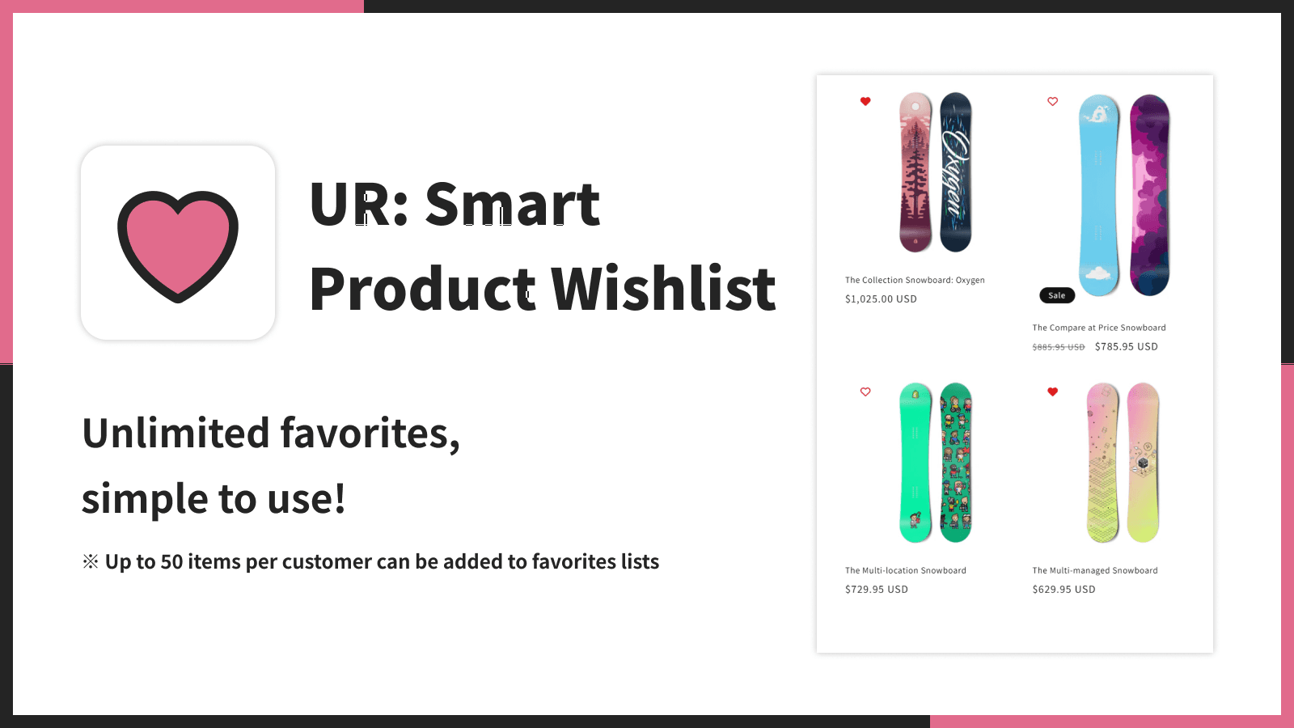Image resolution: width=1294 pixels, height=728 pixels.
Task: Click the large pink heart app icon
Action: (178, 243)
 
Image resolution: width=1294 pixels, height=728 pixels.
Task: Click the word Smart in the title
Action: (512, 204)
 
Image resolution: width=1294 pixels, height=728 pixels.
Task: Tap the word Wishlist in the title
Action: (663, 289)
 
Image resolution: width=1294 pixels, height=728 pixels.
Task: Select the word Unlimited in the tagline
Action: (175, 434)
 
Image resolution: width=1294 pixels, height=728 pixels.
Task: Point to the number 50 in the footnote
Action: (171, 561)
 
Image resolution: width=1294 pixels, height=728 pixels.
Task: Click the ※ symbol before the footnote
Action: (91, 561)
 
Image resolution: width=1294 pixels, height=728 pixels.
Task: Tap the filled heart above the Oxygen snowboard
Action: (865, 101)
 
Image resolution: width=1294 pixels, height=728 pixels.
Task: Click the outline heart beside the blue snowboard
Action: (1052, 101)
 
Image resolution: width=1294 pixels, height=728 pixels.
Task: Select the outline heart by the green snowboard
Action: (865, 392)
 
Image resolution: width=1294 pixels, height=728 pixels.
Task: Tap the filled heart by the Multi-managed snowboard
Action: (1052, 392)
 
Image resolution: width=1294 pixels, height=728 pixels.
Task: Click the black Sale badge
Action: (1056, 295)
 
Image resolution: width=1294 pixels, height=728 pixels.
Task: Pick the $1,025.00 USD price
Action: (881, 298)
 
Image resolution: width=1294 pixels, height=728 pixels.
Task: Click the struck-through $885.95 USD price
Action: (1058, 347)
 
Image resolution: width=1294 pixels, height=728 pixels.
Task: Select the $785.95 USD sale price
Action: (1126, 346)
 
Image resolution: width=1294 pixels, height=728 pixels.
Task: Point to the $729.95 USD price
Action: (876, 589)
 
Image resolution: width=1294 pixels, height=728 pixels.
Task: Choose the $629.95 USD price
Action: (1064, 589)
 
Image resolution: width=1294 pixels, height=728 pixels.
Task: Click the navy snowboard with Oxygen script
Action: (955, 171)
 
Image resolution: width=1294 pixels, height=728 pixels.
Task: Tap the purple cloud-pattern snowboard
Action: (1149, 194)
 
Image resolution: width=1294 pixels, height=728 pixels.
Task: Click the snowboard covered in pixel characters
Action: (955, 462)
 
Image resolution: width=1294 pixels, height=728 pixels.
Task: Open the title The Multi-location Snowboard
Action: (905, 570)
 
